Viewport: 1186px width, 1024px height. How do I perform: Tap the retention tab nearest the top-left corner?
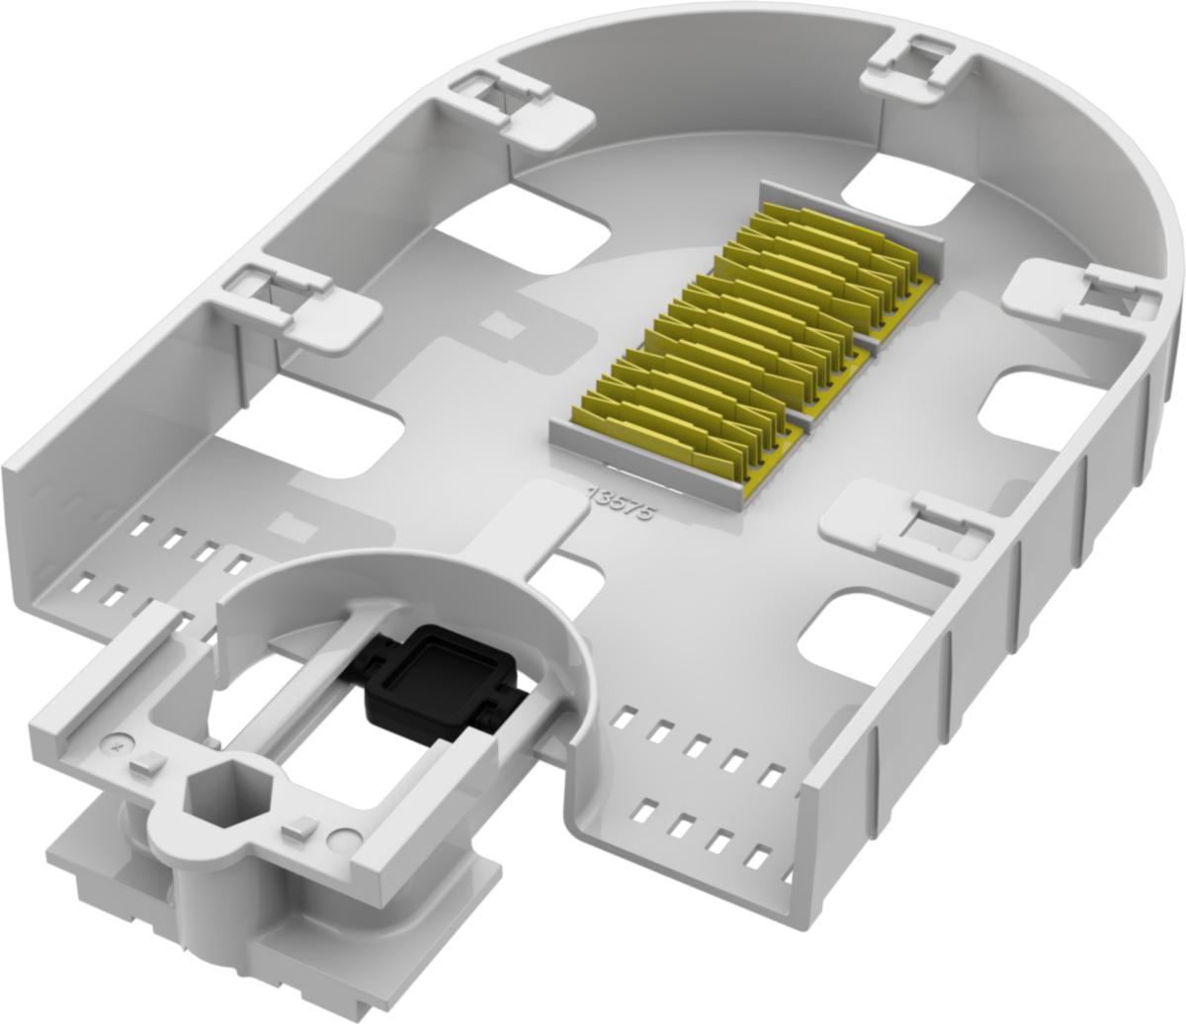pos(520,110)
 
